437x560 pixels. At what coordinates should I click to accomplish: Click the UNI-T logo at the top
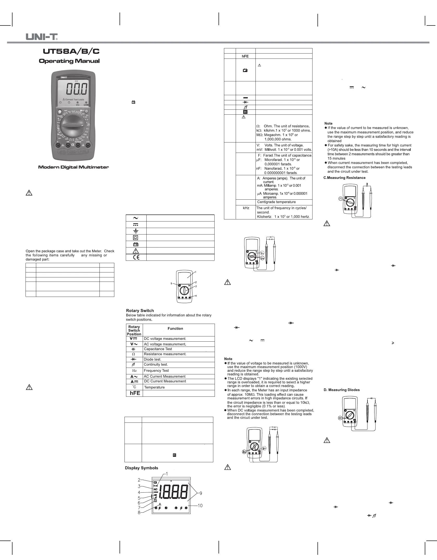(x=41, y=37)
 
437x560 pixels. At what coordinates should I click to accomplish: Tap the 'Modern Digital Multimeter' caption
(x=73, y=167)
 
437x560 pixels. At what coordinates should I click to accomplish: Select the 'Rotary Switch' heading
(x=140, y=310)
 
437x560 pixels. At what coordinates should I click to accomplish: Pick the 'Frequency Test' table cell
(x=156, y=370)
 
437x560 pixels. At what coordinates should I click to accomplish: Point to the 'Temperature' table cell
(x=154, y=387)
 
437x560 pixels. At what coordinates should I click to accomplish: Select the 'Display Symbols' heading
(x=141, y=468)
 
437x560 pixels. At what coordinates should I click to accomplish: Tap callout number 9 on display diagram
(x=201, y=493)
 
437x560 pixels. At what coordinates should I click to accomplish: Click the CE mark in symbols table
(x=136, y=257)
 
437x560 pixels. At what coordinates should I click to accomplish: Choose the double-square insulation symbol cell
(x=136, y=238)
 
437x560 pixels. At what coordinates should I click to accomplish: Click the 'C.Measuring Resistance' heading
(x=344, y=178)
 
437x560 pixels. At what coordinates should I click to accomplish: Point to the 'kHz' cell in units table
(x=246, y=208)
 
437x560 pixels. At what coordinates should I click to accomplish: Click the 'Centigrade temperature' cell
(x=276, y=202)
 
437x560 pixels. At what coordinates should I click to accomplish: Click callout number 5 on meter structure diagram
(x=171, y=283)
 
